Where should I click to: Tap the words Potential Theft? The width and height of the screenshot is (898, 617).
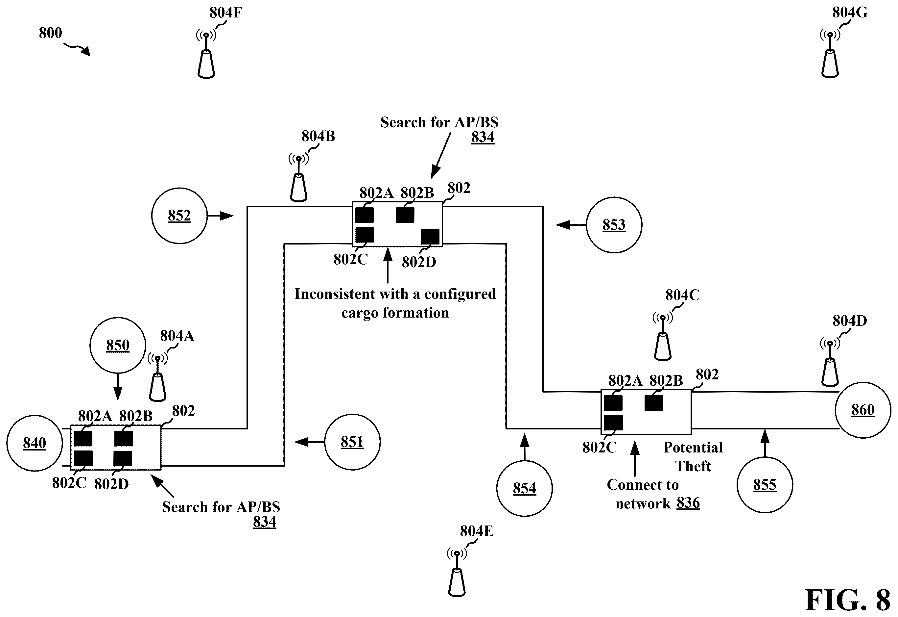693,457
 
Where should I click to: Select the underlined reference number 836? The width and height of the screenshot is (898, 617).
688,503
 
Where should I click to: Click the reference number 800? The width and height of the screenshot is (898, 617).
50,33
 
